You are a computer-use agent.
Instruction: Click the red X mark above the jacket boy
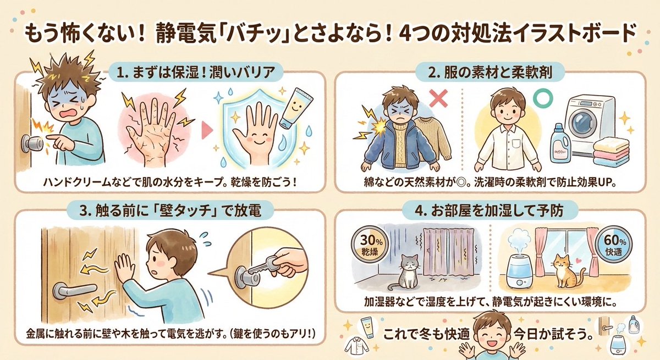[439, 98]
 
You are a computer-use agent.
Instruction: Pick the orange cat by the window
[566, 271]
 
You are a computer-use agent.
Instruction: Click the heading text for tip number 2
[490, 73]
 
